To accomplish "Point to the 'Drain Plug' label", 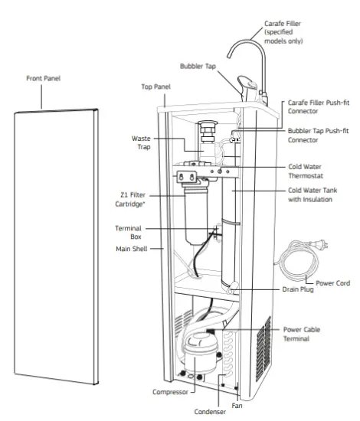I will [306, 290].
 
